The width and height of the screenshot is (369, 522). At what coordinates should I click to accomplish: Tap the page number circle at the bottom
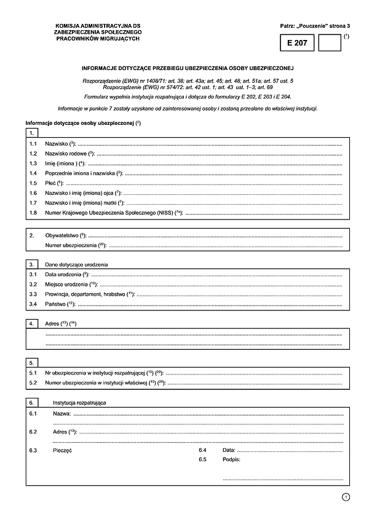click(346, 497)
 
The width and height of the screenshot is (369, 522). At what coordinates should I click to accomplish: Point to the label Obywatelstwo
click(65, 235)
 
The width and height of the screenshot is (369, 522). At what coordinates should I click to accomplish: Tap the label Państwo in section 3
click(56, 304)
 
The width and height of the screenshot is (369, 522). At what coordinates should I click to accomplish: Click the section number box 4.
click(32, 323)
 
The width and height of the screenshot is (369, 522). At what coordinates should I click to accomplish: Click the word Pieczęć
click(63, 451)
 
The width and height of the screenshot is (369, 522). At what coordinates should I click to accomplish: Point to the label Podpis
click(231, 459)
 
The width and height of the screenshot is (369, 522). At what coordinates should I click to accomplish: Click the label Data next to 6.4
click(228, 450)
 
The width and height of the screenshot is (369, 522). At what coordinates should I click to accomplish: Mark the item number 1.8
click(33, 213)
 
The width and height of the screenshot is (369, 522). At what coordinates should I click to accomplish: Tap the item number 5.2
click(33, 383)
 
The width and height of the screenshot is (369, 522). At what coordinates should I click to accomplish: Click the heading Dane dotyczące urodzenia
click(77, 264)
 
